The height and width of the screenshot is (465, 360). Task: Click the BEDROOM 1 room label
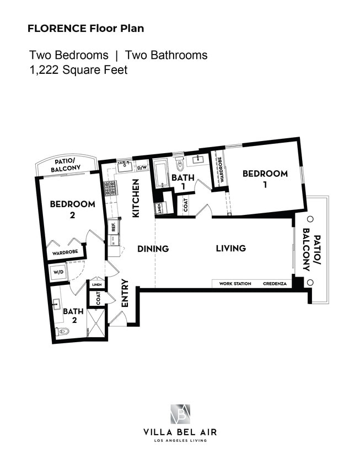tap(265, 179)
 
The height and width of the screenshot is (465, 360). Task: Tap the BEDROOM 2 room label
tap(72, 209)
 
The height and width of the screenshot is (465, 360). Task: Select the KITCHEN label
tap(135, 198)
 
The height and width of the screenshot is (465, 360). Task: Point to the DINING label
tap(153, 248)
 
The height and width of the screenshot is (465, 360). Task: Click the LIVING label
tap(231, 248)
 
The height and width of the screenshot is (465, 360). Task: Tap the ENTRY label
tap(125, 293)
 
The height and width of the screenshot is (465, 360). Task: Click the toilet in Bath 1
tap(180, 164)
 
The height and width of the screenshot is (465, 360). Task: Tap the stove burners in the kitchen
tap(110, 188)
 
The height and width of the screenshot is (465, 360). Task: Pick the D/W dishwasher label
tap(142, 167)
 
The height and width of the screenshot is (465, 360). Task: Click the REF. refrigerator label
tap(114, 226)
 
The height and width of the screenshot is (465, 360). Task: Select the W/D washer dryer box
tap(58, 272)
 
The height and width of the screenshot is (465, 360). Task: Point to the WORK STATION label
tap(235, 284)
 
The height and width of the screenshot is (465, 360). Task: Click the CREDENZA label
tap(275, 284)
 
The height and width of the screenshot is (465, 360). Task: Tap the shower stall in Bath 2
tap(95, 323)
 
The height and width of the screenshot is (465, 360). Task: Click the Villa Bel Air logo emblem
tap(180, 414)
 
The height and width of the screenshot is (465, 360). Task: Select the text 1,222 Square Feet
tap(78, 70)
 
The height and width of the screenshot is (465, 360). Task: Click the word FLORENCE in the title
tap(57, 29)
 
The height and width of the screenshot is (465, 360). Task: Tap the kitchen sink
tap(125, 166)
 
